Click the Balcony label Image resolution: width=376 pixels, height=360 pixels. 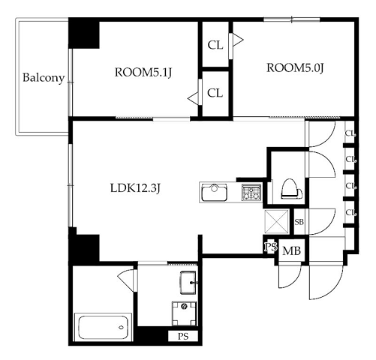[x=44, y=78]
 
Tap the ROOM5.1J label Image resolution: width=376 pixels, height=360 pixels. [x=143, y=73]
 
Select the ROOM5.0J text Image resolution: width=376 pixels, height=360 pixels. [x=295, y=67]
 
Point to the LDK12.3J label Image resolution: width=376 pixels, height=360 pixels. [x=135, y=188]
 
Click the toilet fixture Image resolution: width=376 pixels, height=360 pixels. [x=291, y=189]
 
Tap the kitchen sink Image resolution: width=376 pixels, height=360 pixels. [x=215, y=192]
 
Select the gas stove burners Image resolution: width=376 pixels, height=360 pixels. [x=251, y=192]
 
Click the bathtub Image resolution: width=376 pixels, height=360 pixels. [x=103, y=327]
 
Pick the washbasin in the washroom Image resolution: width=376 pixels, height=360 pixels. [x=188, y=283]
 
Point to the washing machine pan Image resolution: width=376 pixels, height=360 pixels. [x=184, y=313]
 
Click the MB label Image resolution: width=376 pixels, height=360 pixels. [x=291, y=250]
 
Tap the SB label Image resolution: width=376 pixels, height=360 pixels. [x=299, y=222]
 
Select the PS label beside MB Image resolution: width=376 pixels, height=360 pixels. [x=271, y=247]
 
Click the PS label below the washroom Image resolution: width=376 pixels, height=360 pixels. [x=183, y=337]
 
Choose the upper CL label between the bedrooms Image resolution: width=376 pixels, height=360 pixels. [x=215, y=45]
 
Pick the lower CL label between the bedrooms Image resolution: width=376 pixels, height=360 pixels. [x=215, y=93]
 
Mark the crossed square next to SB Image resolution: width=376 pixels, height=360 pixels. [x=276, y=222]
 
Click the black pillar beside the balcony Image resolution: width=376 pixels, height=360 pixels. [x=84, y=34]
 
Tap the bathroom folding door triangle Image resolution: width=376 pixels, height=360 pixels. [x=126, y=276]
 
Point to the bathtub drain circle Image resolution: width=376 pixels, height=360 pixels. [x=122, y=327]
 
